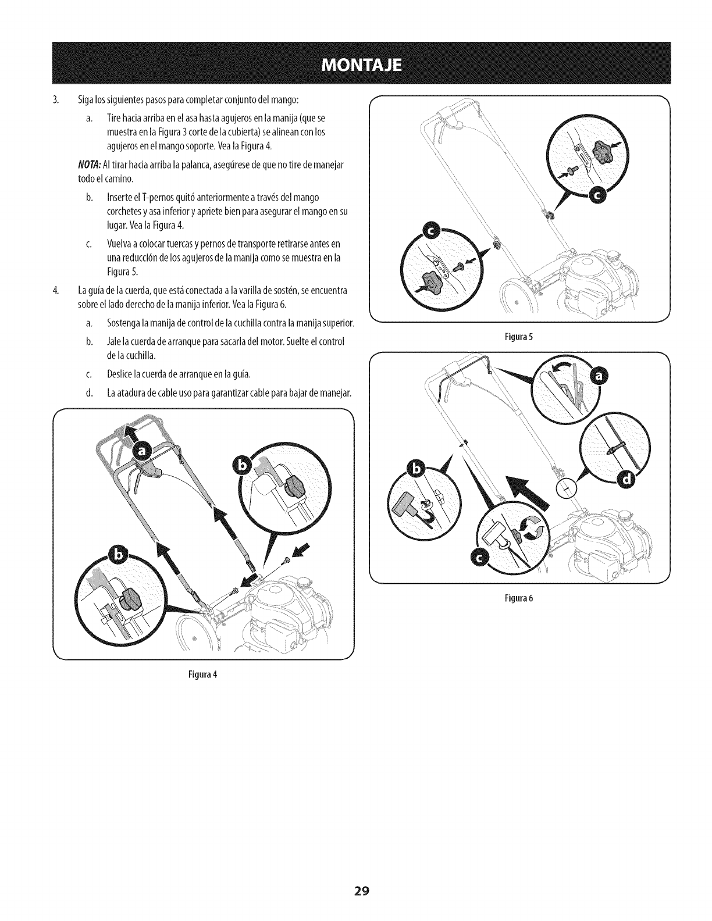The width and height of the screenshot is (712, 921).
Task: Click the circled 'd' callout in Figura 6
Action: [625, 478]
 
